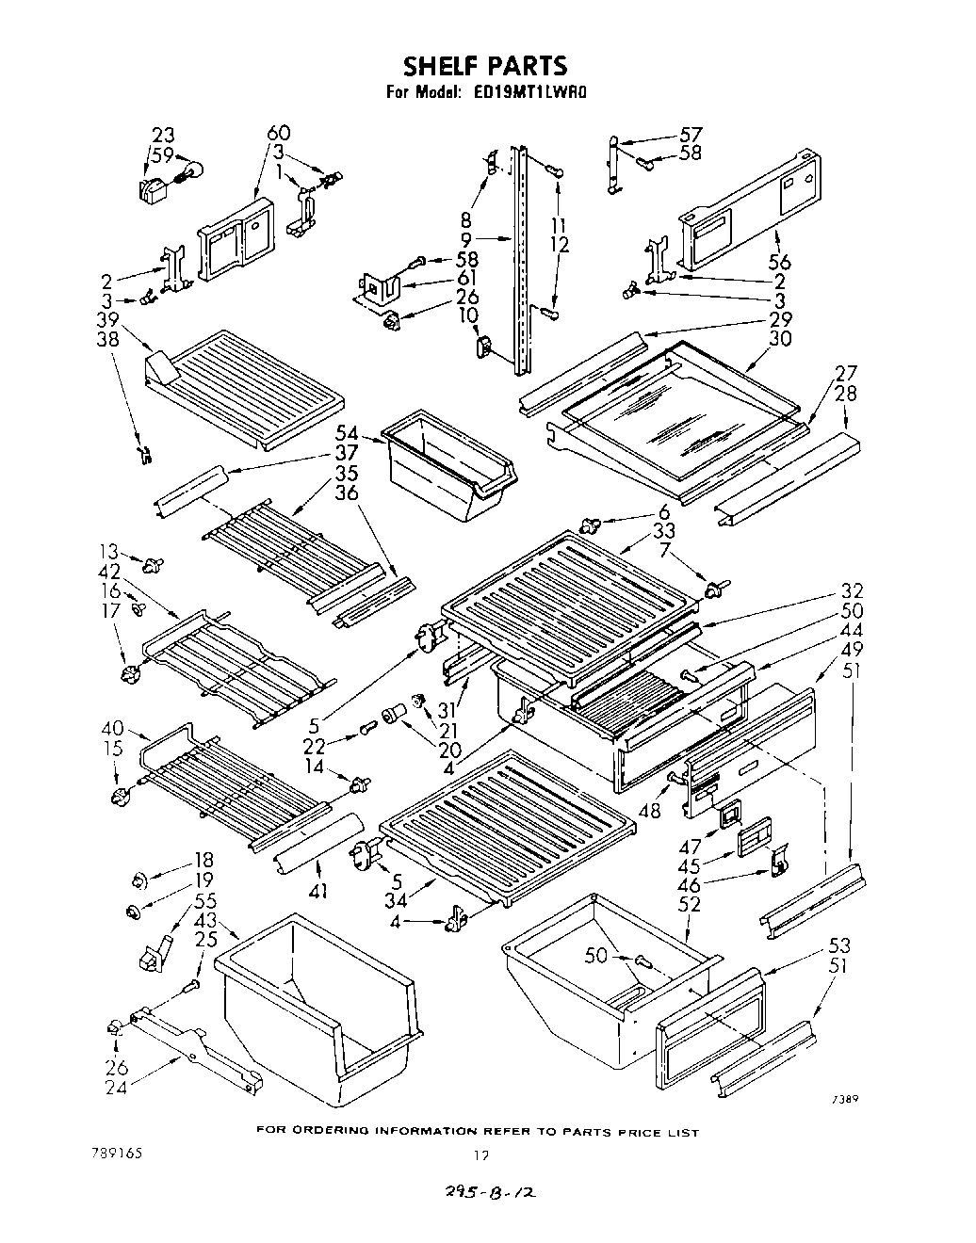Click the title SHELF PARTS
click(485, 66)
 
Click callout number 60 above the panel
click(279, 133)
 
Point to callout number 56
click(778, 263)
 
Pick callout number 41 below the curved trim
click(318, 889)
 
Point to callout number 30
click(779, 339)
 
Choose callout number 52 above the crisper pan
click(689, 904)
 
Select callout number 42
click(108, 572)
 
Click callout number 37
click(348, 452)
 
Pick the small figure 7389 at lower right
click(843, 1099)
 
